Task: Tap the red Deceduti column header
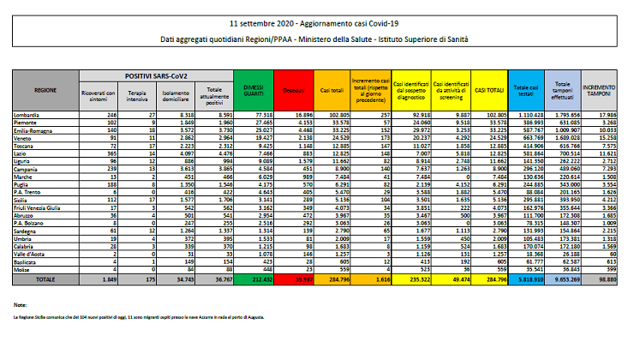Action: tap(293, 88)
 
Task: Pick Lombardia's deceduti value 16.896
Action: tap(293, 113)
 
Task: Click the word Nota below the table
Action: tap(21, 304)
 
